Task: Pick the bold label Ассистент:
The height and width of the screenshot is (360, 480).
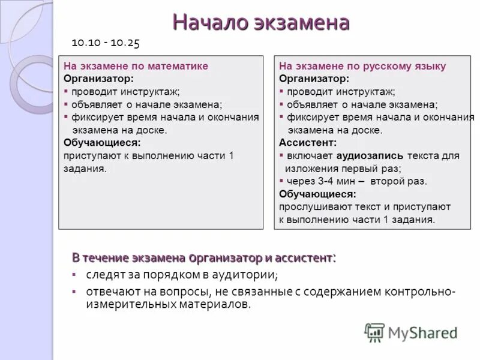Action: tap(308, 143)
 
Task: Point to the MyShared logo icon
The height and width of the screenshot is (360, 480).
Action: tap(374, 332)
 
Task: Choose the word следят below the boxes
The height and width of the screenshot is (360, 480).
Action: tap(104, 275)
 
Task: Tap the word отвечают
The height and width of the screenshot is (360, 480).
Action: tap(112, 292)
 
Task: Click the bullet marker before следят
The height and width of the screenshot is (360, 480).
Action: tap(74, 275)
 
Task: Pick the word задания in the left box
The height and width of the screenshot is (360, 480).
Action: tap(85, 169)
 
